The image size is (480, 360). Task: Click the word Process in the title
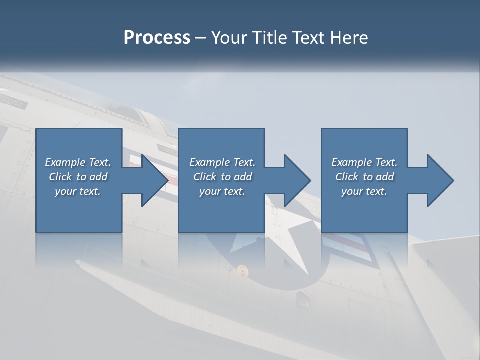click(x=157, y=38)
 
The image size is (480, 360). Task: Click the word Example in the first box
click(x=65, y=162)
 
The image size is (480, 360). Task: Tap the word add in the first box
click(x=99, y=177)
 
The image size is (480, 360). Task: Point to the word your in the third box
click(x=352, y=191)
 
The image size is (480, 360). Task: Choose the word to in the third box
click(x=368, y=177)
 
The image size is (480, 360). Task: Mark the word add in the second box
click(x=243, y=177)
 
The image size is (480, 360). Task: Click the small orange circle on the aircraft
click(x=242, y=269)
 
